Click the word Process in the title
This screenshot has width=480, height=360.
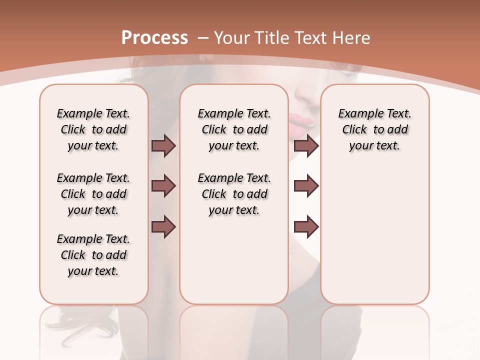tap(154, 37)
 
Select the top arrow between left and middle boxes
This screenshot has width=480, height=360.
tap(163, 145)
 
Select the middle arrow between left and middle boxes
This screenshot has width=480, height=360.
tap(163, 186)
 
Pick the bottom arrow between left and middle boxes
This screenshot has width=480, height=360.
tap(163, 227)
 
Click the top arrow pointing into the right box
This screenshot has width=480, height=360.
tap(306, 145)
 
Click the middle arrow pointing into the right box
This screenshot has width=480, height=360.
tap(306, 186)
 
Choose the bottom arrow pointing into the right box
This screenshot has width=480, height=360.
tap(306, 227)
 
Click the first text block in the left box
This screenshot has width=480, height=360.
tap(93, 129)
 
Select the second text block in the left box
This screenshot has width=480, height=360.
tap(93, 194)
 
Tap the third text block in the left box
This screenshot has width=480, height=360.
tap(93, 255)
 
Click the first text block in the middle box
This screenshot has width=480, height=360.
tap(234, 129)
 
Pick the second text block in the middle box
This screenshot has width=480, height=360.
tap(234, 194)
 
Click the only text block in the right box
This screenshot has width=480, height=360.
tap(374, 129)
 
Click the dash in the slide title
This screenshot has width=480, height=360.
tap(203, 38)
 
